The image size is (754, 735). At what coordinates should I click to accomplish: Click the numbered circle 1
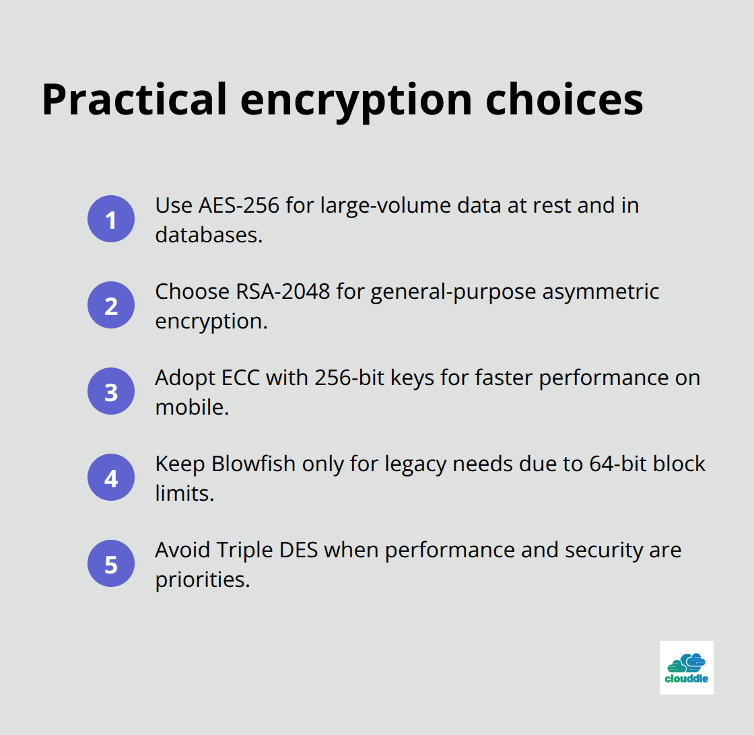(x=111, y=219)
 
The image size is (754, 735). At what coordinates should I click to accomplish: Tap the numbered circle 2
(x=111, y=305)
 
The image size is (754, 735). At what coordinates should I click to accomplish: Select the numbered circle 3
(x=111, y=391)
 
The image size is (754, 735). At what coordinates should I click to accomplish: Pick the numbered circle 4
(x=111, y=477)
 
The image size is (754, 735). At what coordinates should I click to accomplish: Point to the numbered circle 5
(x=111, y=563)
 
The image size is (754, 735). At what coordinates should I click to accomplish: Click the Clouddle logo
(x=686, y=667)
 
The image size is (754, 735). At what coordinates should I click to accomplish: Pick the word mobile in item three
(x=191, y=407)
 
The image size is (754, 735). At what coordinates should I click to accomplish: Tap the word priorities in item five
(x=201, y=580)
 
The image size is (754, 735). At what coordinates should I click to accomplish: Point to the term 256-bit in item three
(x=349, y=378)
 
